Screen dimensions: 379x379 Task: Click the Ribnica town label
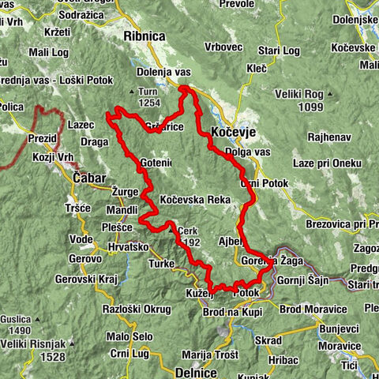point(144,36)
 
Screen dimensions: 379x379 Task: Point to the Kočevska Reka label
point(194,201)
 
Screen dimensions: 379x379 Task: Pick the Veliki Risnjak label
point(32,344)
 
